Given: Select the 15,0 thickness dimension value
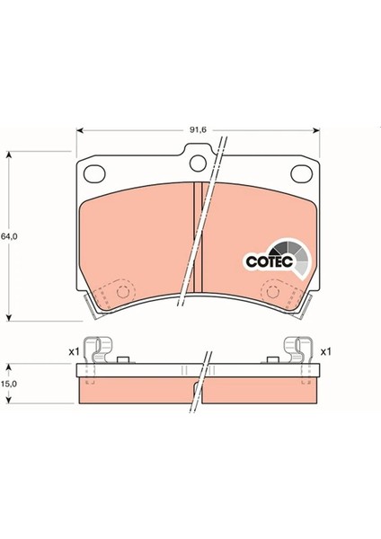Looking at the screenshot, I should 9,384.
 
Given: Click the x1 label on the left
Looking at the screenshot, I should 74,350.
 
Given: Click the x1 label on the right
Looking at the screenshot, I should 326,350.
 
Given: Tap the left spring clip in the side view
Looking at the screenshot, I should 100,349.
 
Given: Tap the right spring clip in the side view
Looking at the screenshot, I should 297,349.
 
